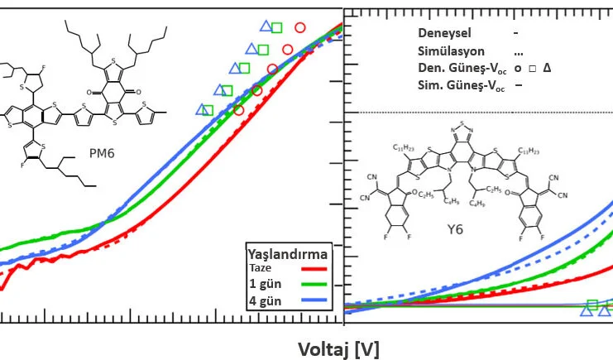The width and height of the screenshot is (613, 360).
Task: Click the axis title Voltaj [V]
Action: coord(338,348)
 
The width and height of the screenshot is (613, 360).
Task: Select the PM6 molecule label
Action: coord(101,153)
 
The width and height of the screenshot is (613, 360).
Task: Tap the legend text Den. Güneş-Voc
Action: coord(458,69)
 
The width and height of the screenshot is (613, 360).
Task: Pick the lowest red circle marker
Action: coord(239,109)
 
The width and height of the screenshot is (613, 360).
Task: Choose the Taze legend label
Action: coord(260,268)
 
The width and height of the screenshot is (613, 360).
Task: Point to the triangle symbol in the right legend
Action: coord(547,69)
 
